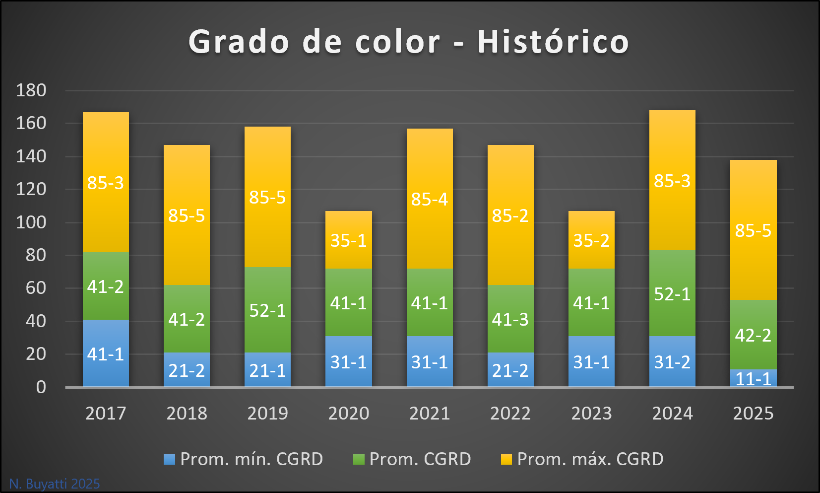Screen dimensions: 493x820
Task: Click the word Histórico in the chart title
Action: (553, 41)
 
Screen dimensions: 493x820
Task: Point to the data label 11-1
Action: (753, 379)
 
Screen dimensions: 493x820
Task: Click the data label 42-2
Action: (753, 336)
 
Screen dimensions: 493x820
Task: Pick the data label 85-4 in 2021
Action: (430, 199)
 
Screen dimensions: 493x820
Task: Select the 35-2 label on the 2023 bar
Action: (591, 240)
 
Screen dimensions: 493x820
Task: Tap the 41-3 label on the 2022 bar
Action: (510, 319)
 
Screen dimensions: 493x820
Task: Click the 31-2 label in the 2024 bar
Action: (672, 362)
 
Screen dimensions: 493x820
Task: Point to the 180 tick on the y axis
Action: (31, 90)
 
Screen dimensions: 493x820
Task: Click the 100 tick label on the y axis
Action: (31, 222)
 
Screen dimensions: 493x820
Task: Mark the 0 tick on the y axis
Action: (41, 387)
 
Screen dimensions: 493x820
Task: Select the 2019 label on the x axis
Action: (267, 413)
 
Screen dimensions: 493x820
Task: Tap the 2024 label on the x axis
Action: (672, 413)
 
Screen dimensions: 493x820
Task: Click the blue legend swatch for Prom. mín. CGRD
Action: (170, 459)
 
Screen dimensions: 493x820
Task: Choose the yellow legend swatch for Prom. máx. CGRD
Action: (506, 459)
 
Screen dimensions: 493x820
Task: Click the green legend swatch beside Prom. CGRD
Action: (359, 459)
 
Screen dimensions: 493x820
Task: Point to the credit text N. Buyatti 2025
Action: (55, 484)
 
